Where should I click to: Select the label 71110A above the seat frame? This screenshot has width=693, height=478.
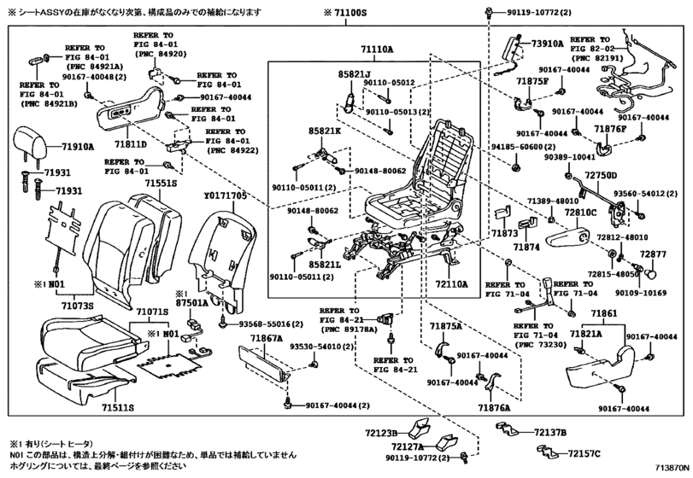[x=377, y=50]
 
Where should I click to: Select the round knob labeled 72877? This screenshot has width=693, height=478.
[x=650, y=274]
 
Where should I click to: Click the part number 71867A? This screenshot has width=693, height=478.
[x=266, y=339]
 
